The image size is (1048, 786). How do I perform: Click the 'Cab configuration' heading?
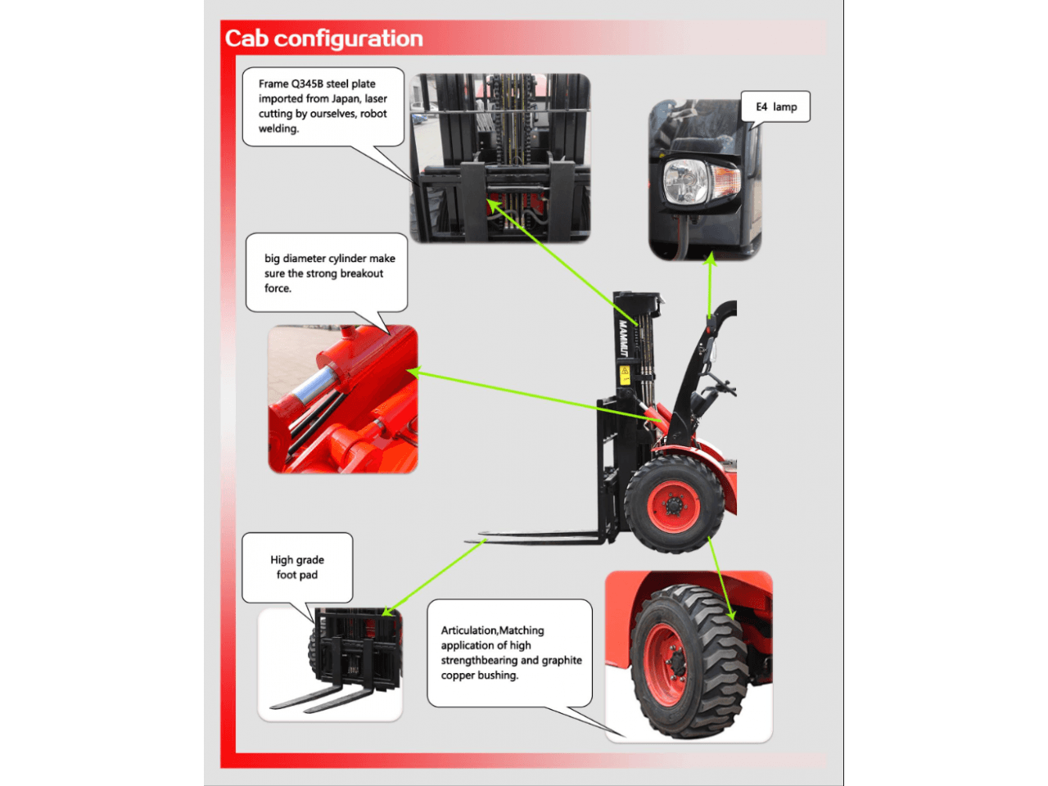323,38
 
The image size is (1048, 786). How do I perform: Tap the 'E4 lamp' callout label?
776,107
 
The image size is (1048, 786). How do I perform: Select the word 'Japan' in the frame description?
346,99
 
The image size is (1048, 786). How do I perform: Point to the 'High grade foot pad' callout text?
297,567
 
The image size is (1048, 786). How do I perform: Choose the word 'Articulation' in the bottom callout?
468,630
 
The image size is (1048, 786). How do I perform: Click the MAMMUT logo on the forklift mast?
622,338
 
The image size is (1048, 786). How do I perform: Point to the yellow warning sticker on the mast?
625,375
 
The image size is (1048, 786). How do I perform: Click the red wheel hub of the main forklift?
673,506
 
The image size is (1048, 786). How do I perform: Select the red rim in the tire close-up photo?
665,664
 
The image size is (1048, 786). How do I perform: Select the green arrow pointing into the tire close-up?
721,578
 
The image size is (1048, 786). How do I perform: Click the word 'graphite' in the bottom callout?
562,661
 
